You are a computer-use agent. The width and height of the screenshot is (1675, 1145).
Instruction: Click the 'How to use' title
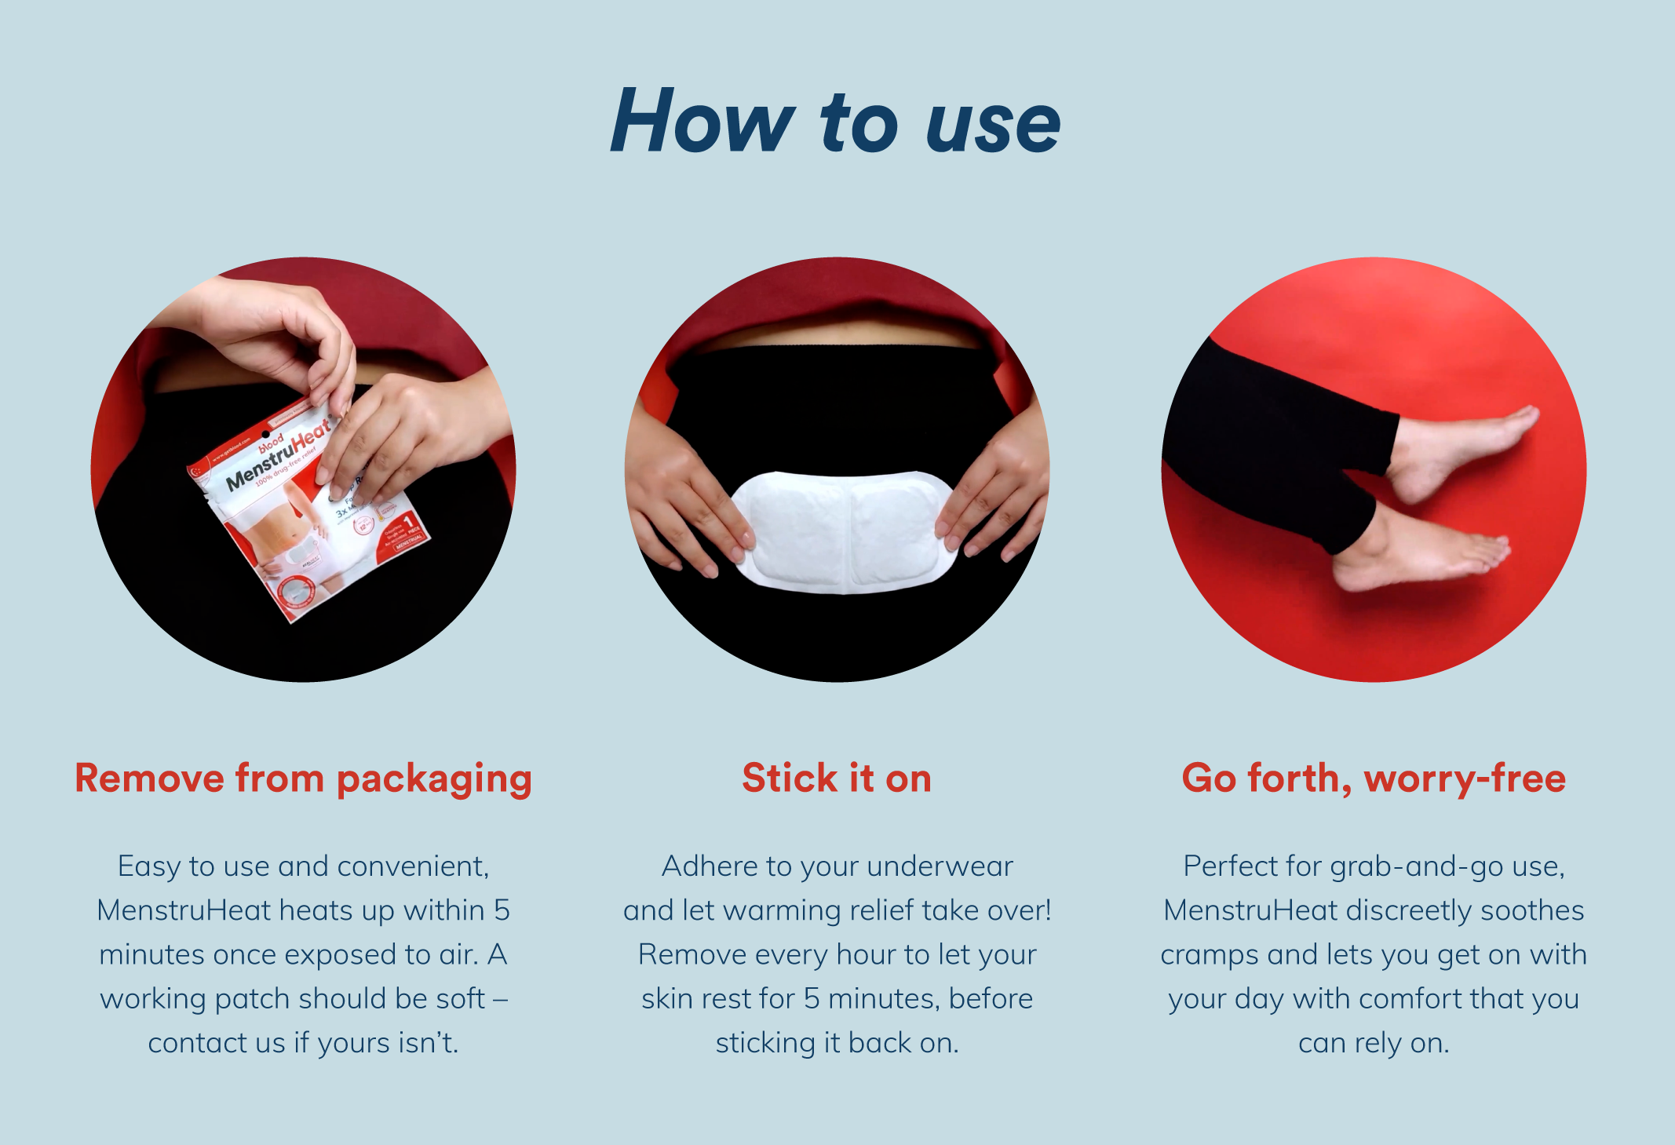point(835,122)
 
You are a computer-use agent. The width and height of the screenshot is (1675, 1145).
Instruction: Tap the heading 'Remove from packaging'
point(303,779)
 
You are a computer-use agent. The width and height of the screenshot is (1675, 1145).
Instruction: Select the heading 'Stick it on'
point(837,779)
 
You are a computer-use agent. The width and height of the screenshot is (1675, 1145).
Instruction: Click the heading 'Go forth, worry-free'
point(1374,779)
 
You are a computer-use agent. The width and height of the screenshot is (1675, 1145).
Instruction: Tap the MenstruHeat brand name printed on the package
point(279,455)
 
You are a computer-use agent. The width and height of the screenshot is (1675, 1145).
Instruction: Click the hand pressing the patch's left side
point(683,502)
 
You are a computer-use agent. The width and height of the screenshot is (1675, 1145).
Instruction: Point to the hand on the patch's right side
point(993,494)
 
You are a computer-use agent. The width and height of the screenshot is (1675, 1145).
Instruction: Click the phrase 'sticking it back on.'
point(837,1043)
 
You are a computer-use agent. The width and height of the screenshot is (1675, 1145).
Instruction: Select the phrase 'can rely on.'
point(1374,1043)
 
